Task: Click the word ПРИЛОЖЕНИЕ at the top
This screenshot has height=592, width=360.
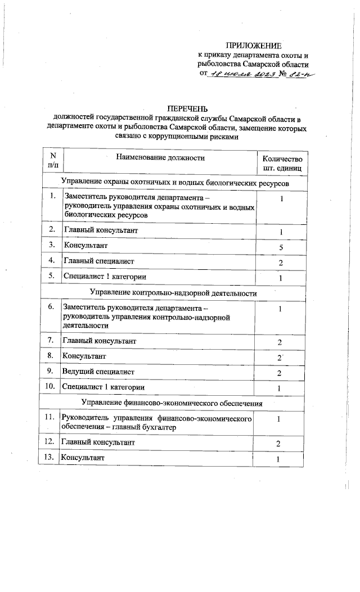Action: point(253,44)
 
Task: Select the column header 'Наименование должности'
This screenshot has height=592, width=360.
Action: point(160,158)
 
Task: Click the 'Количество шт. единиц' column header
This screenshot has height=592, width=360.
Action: point(282,163)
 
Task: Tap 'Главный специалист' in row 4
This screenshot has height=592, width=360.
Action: point(98,261)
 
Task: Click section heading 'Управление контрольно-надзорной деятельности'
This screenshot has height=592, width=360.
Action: point(173,293)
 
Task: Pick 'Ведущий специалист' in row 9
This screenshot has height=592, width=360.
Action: point(99,371)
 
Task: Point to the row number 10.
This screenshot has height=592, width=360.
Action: point(49,387)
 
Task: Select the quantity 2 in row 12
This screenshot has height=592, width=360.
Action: point(279,444)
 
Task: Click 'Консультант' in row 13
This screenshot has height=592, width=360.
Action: point(83,458)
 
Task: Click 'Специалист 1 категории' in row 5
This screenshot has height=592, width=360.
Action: point(105,277)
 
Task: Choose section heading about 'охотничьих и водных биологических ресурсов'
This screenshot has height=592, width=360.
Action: point(176,183)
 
